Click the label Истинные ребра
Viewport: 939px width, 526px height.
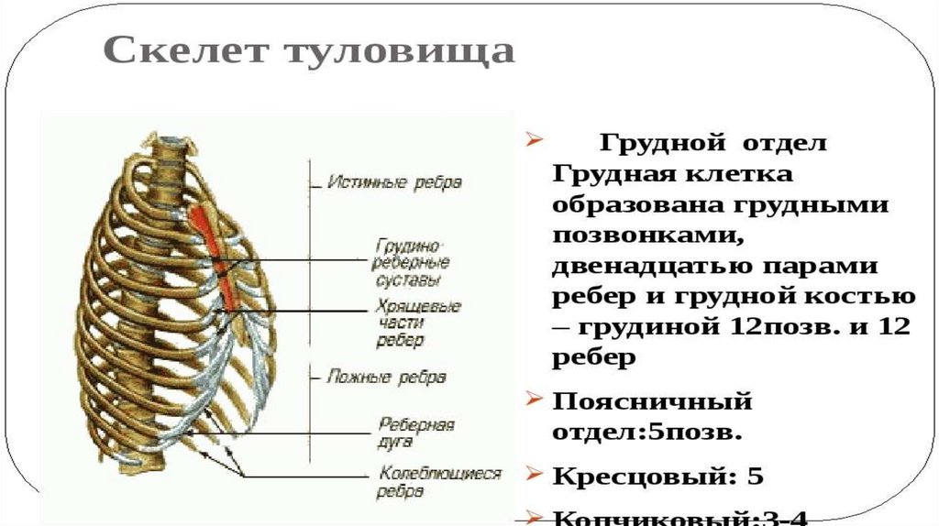pyautogui.click(x=394, y=182)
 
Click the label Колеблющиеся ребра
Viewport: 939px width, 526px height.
pyautogui.click(x=438, y=482)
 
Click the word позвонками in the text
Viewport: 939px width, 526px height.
pyautogui.click(x=646, y=235)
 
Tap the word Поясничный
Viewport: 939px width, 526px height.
pyautogui.click(x=652, y=401)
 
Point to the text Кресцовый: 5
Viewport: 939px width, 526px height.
pyautogui.click(x=657, y=477)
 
